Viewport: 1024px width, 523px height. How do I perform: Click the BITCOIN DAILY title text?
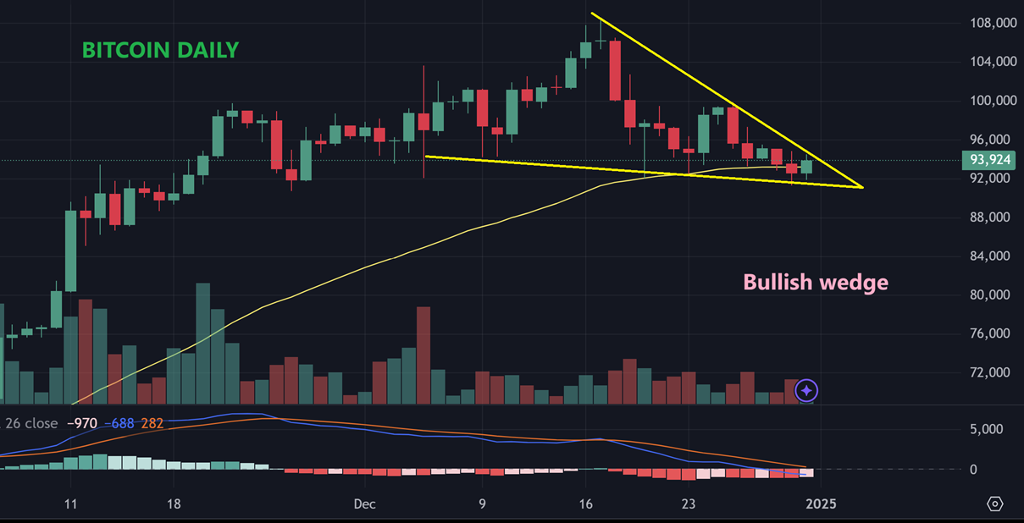pos(160,51)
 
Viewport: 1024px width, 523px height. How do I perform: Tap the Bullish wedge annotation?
pos(816,282)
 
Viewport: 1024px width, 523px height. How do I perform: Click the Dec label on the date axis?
pos(365,504)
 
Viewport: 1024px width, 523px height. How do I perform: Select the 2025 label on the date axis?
pos(821,504)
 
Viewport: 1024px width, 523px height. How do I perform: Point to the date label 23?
pos(688,504)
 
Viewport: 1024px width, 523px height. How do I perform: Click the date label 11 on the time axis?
pos(70,504)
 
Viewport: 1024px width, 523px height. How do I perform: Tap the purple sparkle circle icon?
pos(807,390)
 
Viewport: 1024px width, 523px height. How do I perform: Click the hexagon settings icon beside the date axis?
pos(995,504)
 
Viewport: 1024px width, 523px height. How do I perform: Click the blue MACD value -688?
pos(122,423)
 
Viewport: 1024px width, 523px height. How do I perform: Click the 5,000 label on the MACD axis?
pos(986,429)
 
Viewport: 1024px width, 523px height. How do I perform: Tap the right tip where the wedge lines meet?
pos(861,187)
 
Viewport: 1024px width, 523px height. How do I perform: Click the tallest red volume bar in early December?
pos(423,355)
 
